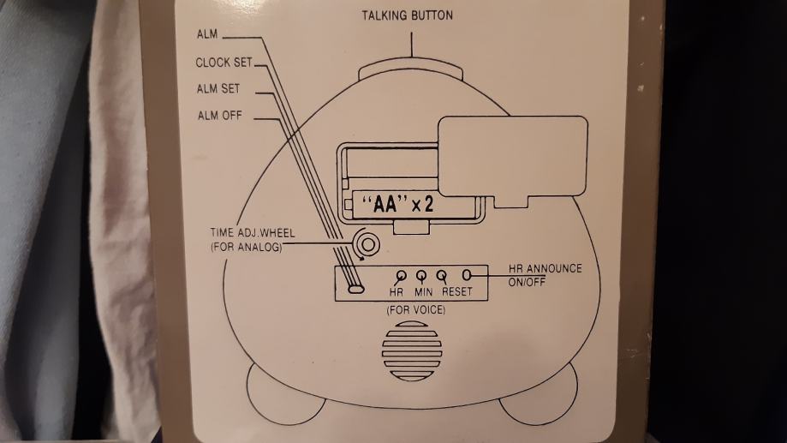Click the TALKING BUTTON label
[407, 15]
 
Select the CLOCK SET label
[224, 63]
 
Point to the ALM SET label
[218, 89]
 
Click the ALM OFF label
[218, 117]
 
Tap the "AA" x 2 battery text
[398, 206]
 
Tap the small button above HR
[400, 276]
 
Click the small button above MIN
[421, 276]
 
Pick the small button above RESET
[442, 276]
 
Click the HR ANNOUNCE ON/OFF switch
[467, 276]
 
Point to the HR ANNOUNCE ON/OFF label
[545, 275]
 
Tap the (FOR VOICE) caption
[411, 309]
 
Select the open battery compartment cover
[511, 156]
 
